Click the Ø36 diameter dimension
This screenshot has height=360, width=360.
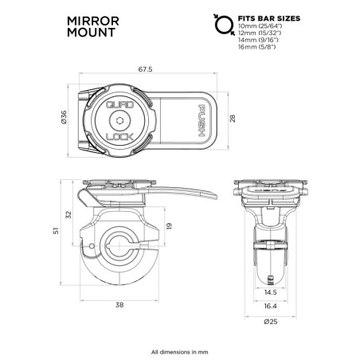pyautogui.click(x=64, y=119)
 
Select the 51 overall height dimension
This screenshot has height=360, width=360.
pyautogui.click(x=56, y=231)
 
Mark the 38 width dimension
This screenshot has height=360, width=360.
pyautogui.click(x=119, y=303)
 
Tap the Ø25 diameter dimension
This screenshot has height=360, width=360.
pyautogui.click(x=272, y=322)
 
